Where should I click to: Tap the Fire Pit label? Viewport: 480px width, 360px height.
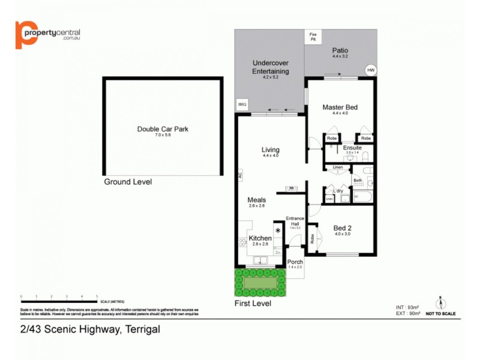[312, 37]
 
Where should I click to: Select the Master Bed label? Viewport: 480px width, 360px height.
[340, 107]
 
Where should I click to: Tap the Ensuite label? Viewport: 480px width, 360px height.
[352, 148]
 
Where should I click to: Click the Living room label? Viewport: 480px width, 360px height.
[271, 150]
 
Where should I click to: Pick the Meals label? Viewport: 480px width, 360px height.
[257, 200]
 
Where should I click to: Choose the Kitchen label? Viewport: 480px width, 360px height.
[260, 238]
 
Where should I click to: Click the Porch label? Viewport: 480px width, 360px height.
[295, 262]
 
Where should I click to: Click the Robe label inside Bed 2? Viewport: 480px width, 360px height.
[313, 238]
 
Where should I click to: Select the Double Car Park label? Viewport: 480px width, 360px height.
[163, 128]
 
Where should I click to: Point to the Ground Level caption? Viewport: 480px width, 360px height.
[128, 182]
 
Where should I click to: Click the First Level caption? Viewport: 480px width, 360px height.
[252, 304]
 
